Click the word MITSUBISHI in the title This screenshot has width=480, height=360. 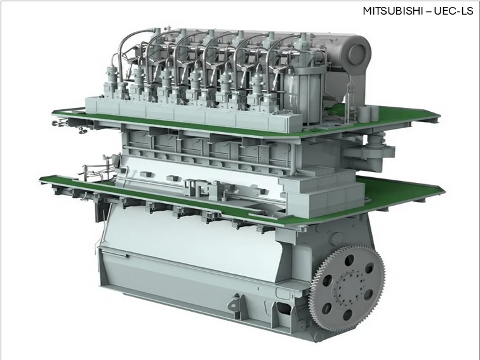391,11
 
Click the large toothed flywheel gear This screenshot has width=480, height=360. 347,288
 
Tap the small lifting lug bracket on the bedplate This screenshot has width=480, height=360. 235,302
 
